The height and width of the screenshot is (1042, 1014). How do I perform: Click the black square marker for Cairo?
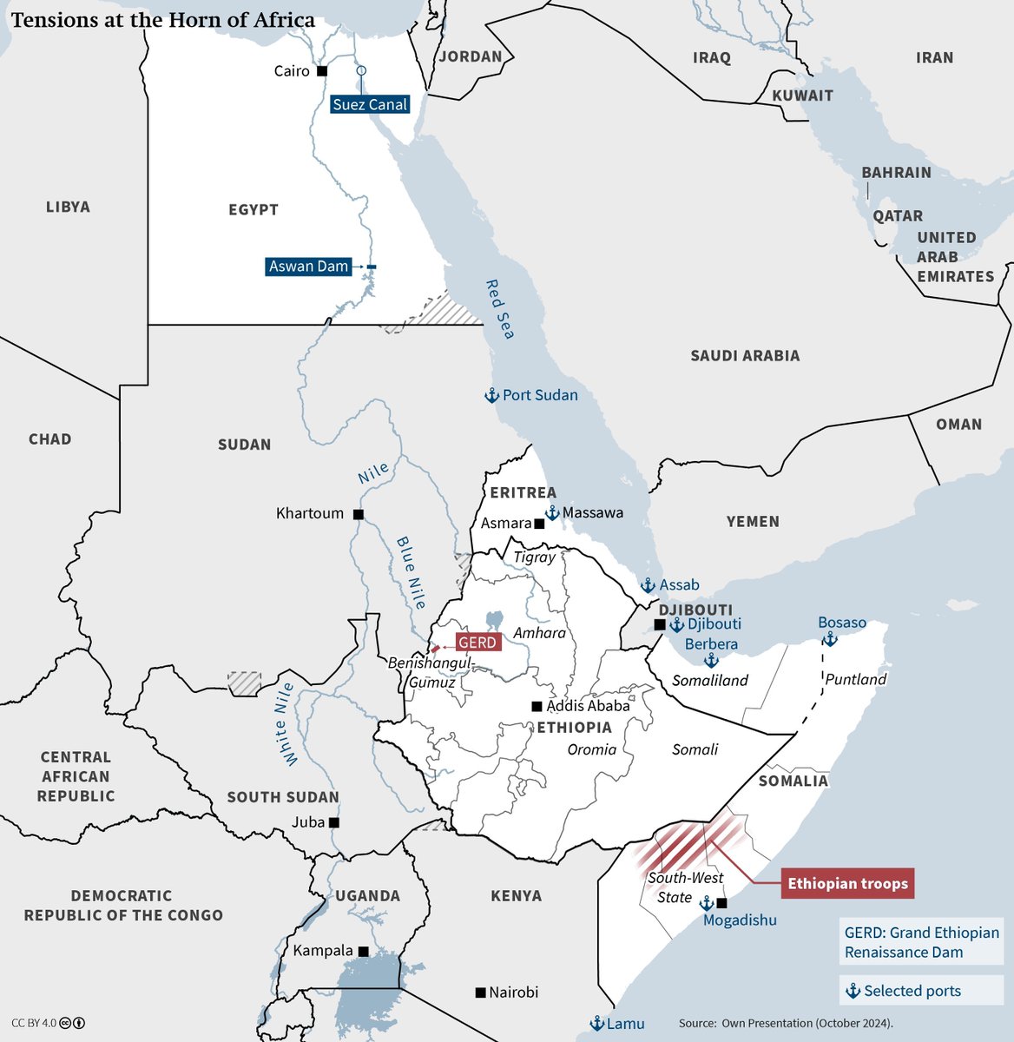tap(322, 71)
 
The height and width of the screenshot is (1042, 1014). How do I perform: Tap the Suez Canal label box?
tap(370, 104)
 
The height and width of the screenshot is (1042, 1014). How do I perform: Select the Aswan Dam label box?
tap(308, 267)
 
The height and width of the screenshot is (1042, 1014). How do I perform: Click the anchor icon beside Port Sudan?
tap(491, 396)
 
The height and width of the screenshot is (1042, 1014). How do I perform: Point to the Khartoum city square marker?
tap(358, 514)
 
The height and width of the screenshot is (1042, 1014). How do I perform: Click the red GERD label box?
tap(477, 643)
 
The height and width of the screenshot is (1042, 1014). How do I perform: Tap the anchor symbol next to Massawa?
tap(552, 513)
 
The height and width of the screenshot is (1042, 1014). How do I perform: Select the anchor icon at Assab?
tap(648, 585)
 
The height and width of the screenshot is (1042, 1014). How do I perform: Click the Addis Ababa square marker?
tap(537, 706)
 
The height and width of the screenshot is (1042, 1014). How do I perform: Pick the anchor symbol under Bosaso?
tap(830, 640)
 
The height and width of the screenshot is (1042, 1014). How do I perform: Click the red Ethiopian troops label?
tap(847, 884)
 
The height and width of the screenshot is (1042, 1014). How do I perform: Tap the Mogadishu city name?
tap(740, 920)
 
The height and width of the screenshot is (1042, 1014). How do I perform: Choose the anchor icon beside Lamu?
tap(596, 1024)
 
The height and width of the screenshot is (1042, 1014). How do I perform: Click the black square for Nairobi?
tap(480, 992)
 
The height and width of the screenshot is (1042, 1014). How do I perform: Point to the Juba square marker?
tap(333, 822)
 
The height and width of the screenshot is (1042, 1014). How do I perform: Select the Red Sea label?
tap(499, 309)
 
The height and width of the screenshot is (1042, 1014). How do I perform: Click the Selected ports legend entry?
tap(903, 991)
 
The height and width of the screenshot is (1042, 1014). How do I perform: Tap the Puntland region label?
tap(855, 679)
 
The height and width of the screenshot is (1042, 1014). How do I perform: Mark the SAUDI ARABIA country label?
tap(745, 355)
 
